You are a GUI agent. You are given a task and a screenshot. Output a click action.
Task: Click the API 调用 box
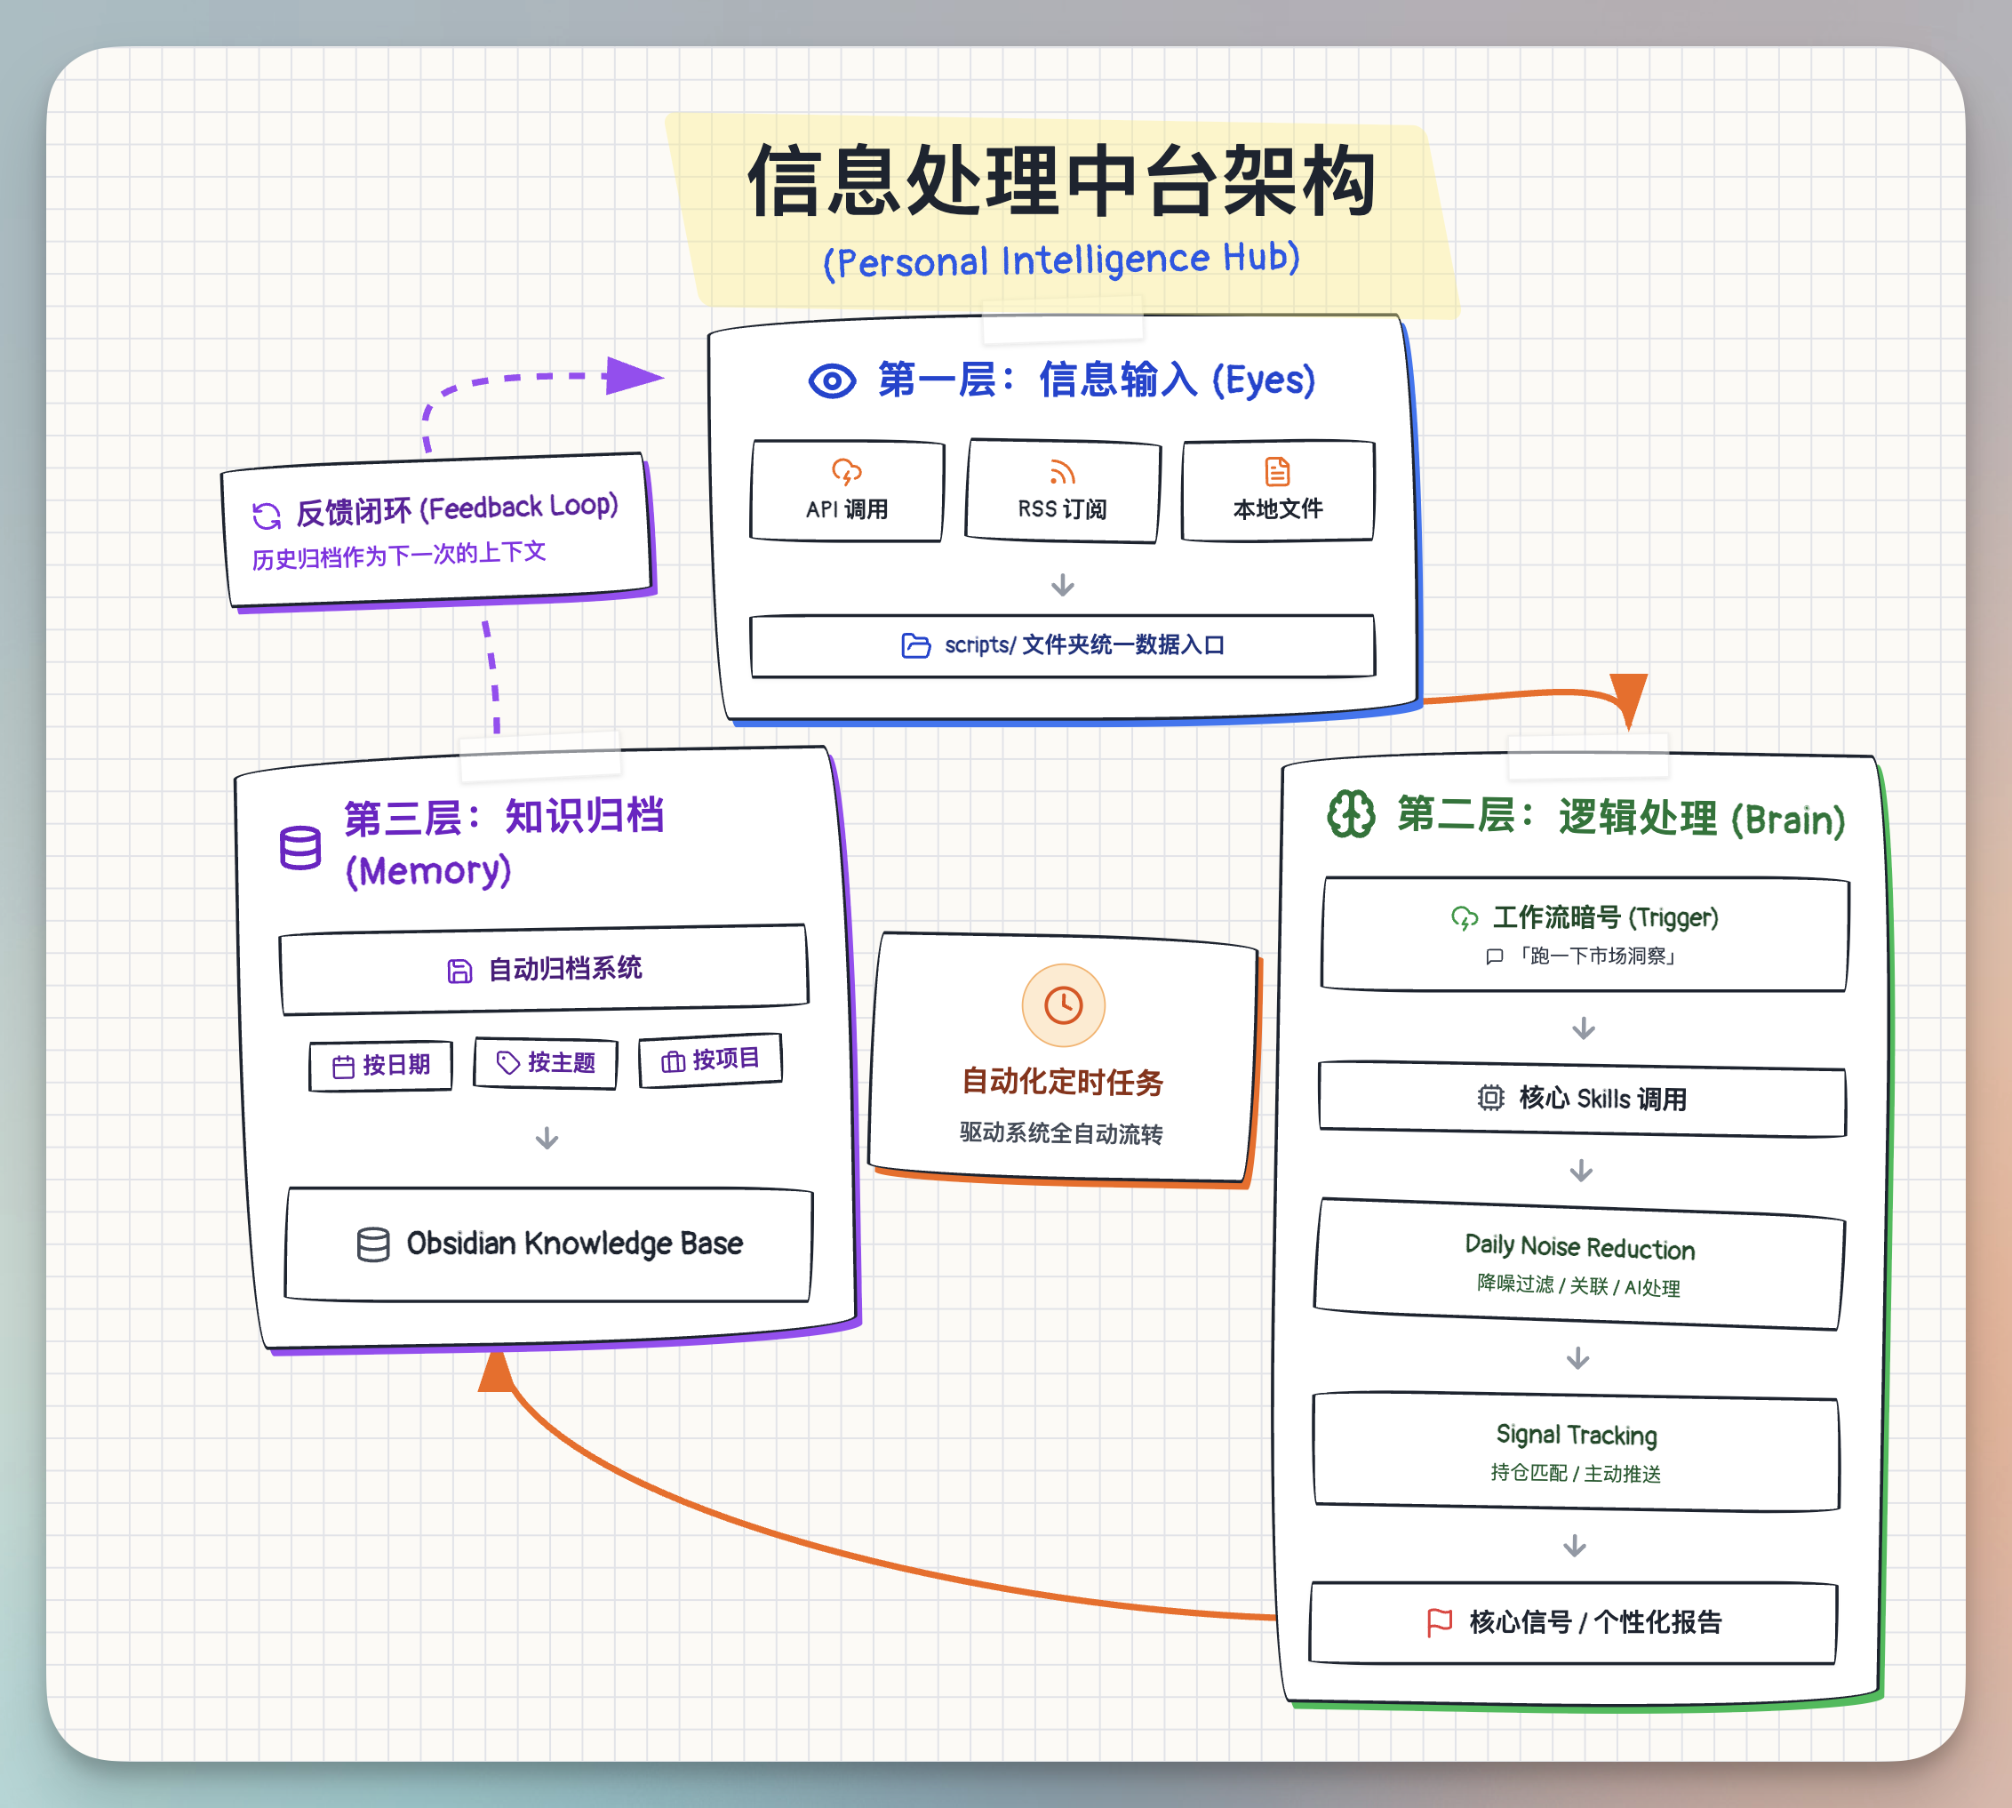(846, 492)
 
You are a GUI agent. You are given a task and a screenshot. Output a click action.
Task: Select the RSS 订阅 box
(1062, 492)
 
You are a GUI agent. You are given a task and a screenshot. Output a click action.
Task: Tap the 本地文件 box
(1277, 492)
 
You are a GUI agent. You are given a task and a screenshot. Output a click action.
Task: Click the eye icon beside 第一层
(831, 380)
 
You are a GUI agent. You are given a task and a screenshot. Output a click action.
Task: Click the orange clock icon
(1063, 1005)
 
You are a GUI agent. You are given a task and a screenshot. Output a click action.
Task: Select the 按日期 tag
(381, 1066)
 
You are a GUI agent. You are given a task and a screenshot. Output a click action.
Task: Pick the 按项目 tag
(710, 1060)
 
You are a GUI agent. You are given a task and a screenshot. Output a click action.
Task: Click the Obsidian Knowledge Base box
(548, 1244)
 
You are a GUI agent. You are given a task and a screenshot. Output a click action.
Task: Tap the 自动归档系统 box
(544, 970)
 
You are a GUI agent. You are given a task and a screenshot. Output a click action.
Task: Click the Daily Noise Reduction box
(1579, 1265)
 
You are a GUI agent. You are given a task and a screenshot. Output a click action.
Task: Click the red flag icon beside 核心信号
(1439, 1622)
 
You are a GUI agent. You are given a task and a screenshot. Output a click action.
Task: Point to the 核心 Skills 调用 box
(1582, 1099)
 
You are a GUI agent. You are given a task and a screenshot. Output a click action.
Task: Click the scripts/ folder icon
(915, 645)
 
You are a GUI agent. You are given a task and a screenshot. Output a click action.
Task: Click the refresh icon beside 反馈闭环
(266, 516)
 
